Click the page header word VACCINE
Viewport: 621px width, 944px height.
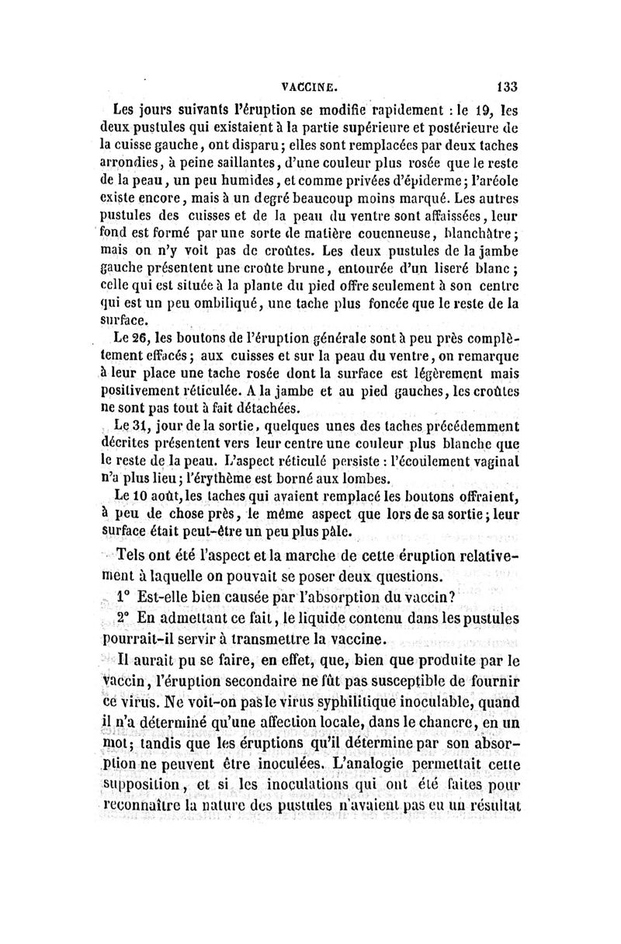[310, 87]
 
